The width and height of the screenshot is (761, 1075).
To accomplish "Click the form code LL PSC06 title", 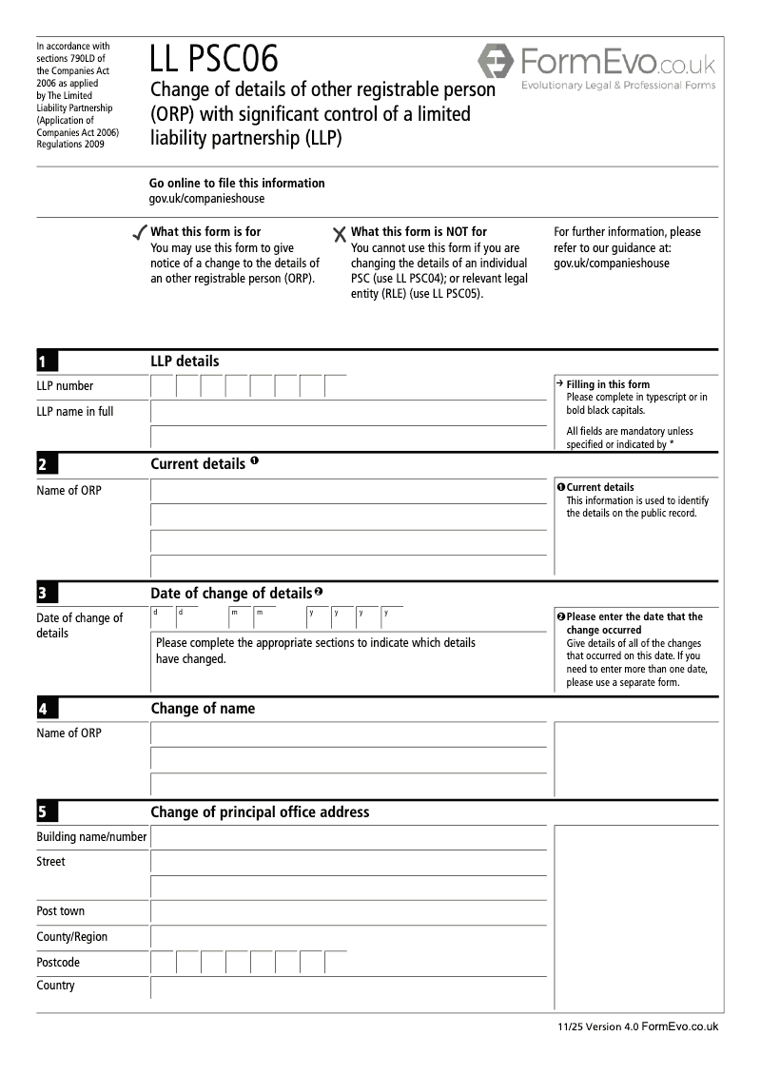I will [214, 60].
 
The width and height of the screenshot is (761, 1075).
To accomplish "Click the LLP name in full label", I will [74, 412].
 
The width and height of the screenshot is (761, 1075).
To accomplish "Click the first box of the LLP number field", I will [163, 386].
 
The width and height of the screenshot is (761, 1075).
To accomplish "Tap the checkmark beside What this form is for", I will [140, 232].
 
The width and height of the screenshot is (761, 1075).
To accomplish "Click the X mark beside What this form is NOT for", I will [340, 233].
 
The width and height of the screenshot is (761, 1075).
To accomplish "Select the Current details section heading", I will [198, 464].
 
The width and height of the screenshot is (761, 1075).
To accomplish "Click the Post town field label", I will [60, 911].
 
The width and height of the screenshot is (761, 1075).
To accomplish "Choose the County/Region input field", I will [348, 937].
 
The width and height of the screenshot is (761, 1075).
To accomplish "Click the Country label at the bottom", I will [55, 986].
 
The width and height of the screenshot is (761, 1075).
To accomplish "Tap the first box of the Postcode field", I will [163, 962].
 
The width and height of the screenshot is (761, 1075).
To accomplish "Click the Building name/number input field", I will [348, 837].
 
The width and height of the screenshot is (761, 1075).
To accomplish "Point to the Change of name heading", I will [203, 709].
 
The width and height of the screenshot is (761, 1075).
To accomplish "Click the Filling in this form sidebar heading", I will [608, 384].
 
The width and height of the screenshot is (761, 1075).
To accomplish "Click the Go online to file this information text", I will [237, 183].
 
